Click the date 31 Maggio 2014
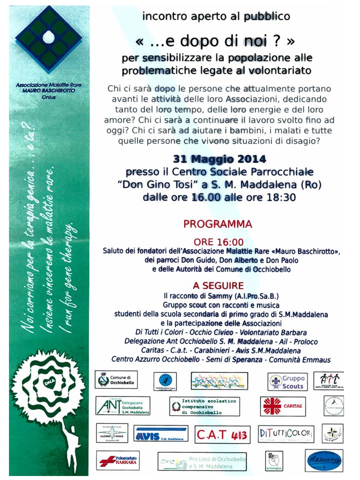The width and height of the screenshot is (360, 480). tap(220, 159)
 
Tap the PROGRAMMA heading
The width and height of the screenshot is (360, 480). tap(217, 224)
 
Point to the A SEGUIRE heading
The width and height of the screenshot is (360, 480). tap(218, 286)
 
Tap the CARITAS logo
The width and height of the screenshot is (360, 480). tap(282, 406)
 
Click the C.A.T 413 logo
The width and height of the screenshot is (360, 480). tap(221, 434)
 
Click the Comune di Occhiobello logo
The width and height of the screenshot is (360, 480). tap(116, 380)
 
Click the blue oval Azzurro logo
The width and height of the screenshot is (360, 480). tap(323, 460)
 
